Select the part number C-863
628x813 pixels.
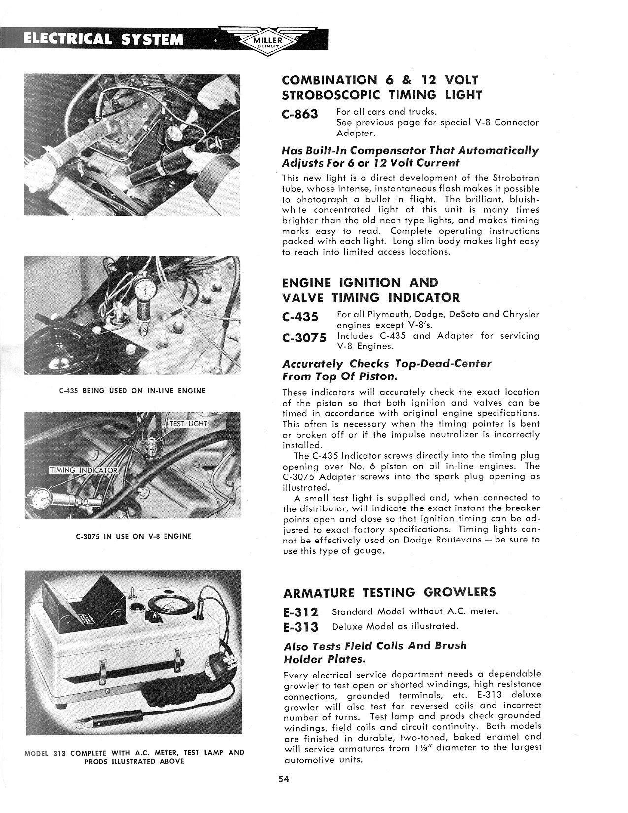point(300,115)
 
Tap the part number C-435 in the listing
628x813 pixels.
point(300,317)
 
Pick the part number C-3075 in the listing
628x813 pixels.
point(304,338)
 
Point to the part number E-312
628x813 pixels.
point(301,612)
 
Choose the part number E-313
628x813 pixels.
point(301,627)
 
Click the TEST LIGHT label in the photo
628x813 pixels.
point(189,424)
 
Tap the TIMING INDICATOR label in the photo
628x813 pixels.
point(84,470)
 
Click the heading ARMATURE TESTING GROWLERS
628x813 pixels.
point(389,592)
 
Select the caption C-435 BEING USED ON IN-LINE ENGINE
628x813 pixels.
point(132,391)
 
